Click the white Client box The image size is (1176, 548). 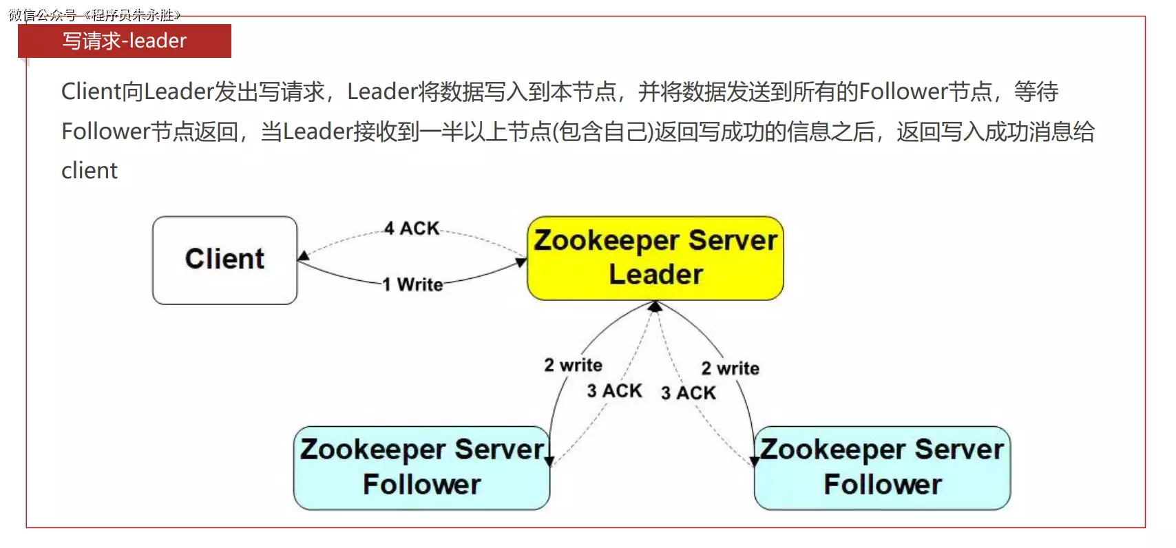[x=224, y=260]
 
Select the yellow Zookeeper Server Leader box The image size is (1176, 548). [x=655, y=258]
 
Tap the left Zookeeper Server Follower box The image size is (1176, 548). [x=421, y=467]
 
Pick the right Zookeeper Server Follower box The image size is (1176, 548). [x=882, y=467]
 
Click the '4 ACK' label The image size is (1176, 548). [x=412, y=228]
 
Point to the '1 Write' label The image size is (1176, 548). [x=412, y=284]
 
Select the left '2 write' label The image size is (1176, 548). [x=573, y=365]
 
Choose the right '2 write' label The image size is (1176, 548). [x=730, y=368]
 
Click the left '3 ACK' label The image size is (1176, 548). [x=614, y=391]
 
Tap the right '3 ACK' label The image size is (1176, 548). [x=688, y=393]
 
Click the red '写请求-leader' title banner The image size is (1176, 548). [x=125, y=41]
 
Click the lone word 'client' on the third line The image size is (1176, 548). [x=90, y=171]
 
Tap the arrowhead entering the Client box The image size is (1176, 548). [x=303, y=256]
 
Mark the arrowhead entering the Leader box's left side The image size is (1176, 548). [x=522, y=262]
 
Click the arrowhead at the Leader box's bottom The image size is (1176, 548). [x=655, y=306]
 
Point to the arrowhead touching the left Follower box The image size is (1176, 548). [x=549, y=461]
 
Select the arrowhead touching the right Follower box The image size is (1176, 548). [x=755, y=461]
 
